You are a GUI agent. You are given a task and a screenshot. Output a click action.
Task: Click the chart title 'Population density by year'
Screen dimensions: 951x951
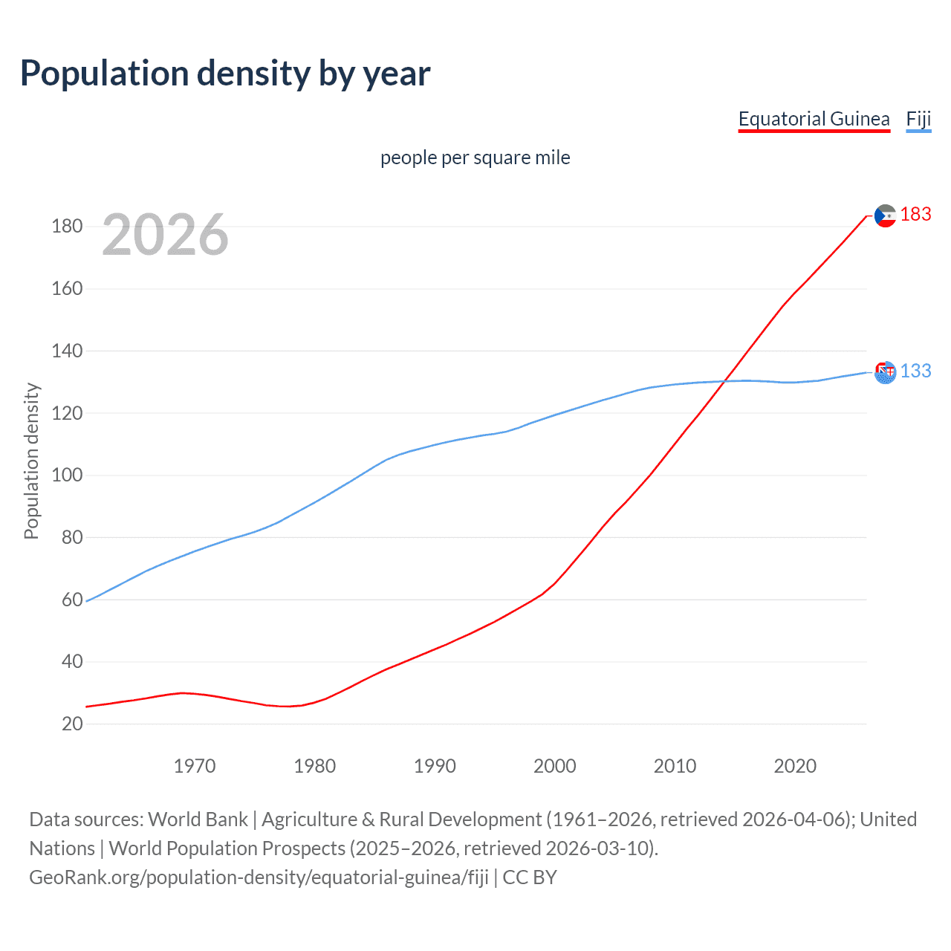225,74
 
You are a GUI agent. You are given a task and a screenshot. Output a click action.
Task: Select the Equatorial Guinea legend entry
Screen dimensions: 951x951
814,119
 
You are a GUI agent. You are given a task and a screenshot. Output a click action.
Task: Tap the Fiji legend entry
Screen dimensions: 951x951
918,119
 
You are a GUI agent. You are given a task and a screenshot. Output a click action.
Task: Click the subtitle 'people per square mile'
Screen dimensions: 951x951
475,158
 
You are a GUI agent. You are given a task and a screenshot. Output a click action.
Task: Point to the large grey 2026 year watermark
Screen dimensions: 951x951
165,235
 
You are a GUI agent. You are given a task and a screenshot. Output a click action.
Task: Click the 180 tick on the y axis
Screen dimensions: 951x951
67,227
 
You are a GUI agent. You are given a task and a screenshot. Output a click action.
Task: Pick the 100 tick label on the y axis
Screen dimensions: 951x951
67,475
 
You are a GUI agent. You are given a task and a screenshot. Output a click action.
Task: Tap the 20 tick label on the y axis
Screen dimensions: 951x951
72,724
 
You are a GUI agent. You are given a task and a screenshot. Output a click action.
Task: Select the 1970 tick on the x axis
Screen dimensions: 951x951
194,766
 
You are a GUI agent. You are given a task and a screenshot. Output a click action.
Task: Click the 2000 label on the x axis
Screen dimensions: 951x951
554,766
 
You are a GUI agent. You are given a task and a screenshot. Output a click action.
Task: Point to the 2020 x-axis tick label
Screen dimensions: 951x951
795,766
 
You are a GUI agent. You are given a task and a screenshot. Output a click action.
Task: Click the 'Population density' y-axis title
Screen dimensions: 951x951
31,461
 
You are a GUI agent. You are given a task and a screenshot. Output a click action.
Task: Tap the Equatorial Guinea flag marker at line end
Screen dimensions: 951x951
885,215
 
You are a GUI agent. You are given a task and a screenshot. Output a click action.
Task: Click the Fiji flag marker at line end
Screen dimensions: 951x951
885,372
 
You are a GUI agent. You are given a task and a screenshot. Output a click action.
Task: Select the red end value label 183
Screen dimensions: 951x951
915,215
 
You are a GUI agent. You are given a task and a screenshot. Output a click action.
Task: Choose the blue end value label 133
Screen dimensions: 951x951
915,371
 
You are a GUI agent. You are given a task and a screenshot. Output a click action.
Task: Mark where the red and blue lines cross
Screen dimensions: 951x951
725,381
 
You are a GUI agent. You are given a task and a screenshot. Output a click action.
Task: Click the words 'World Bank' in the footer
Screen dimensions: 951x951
198,819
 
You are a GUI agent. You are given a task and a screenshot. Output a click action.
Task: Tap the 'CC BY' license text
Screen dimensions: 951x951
530,877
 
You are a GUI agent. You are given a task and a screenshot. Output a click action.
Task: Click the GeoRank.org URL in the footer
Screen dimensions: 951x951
259,877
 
